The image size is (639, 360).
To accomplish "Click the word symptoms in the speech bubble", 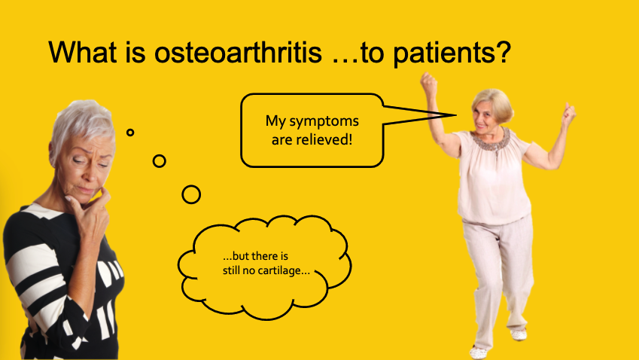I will [x=324, y=121].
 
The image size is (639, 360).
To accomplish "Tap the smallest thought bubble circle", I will [x=130, y=133].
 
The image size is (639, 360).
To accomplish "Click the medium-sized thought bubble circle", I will [x=159, y=160].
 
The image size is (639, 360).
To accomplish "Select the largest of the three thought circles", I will [x=191, y=194].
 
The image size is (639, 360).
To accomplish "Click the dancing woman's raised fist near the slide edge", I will [x=568, y=113].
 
